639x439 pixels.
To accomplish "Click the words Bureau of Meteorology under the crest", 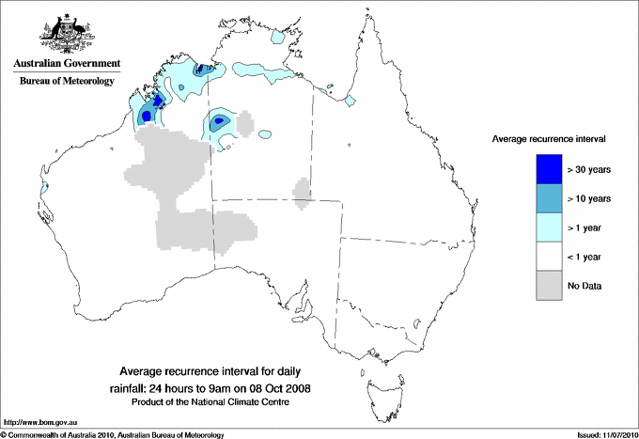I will pos(67,82).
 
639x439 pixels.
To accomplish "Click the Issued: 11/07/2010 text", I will pos(599,433).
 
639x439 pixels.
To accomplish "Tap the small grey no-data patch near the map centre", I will pos(302,192).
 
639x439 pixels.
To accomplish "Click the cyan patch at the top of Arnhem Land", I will pos(278,39).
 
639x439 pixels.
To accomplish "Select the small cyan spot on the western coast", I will pos(43,189).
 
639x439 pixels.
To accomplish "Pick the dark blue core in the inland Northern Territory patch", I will pos(218,120).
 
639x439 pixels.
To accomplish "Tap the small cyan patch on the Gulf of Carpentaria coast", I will pos(350,101).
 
